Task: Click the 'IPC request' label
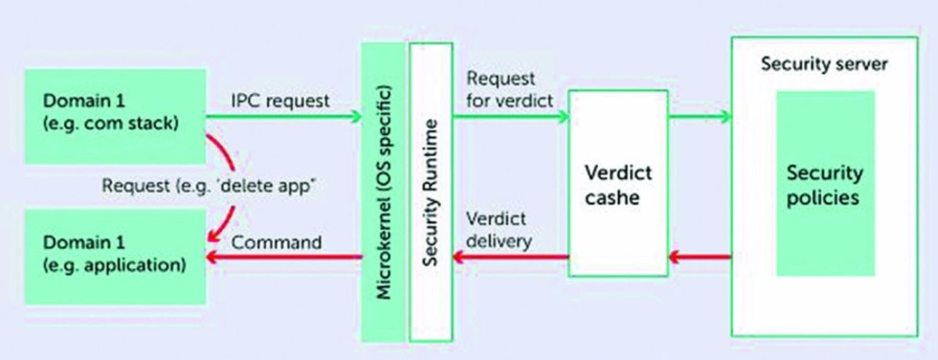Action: click(280, 101)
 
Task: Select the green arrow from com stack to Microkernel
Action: click(284, 116)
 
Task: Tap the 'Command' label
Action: click(276, 243)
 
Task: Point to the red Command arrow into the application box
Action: click(284, 257)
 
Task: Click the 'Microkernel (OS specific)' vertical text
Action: click(383, 192)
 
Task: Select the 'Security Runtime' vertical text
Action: click(430, 194)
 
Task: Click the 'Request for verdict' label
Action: click(509, 89)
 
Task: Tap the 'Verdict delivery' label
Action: click(499, 230)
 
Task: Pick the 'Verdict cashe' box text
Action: click(618, 185)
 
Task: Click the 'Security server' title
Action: click(824, 64)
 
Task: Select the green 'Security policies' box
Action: click(825, 183)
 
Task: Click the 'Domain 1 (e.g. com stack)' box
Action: click(115, 116)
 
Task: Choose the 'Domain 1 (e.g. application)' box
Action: click(115, 257)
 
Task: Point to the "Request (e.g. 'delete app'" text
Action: click(209, 185)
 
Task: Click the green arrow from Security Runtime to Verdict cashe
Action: click(511, 116)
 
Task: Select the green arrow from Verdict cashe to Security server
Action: click(700, 116)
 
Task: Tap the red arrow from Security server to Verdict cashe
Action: click(700, 257)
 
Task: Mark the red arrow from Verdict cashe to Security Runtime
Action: click(511, 257)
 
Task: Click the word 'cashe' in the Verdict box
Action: click(612, 198)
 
